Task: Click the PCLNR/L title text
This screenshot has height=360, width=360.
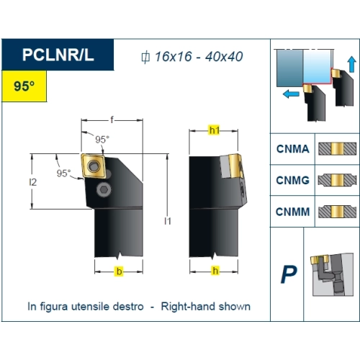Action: (58, 55)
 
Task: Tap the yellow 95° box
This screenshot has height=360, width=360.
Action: (24, 86)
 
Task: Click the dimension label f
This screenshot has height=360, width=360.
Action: (112, 120)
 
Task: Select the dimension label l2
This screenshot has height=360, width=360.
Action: (33, 182)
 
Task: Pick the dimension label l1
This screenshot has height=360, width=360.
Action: (168, 221)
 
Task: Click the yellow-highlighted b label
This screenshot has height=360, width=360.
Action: (119, 271)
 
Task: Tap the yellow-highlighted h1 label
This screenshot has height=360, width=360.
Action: (214, 130)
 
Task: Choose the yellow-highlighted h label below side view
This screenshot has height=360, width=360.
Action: (215, 271)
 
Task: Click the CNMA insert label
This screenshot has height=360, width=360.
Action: (293, 149)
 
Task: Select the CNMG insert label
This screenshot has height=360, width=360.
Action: (293, 180)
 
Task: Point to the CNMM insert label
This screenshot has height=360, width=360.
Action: (293, 212)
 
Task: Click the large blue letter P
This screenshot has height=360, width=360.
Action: (289, 274)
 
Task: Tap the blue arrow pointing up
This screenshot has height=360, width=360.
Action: (351, 64)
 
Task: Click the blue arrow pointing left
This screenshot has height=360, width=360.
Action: (291, 94)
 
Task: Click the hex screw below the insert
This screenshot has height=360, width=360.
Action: (104, 190)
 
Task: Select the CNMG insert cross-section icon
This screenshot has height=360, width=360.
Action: (337, 180)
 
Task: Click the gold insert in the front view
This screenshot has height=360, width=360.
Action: (94, 166)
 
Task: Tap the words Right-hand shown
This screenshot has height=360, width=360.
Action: (206, 307)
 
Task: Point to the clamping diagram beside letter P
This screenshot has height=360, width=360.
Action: (332, 274)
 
